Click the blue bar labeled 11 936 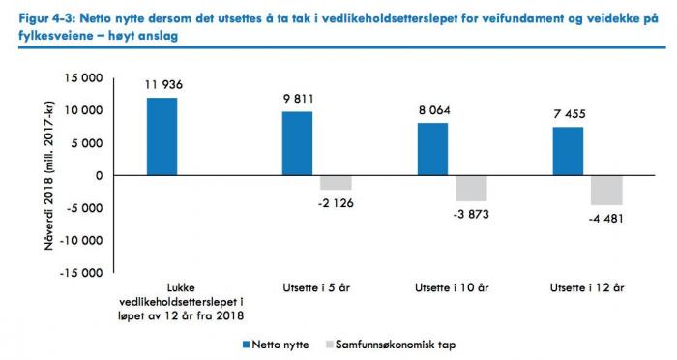(x=162, y=136)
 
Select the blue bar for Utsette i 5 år (x=297, y=143)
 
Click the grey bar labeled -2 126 (x=336, y=182)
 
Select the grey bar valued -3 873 (x=471, y=188)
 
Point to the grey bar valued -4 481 (x=606, y=190)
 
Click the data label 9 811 (x=297, y=99)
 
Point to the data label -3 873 (x=471, y=213)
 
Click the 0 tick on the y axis (x=100, y=175)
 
